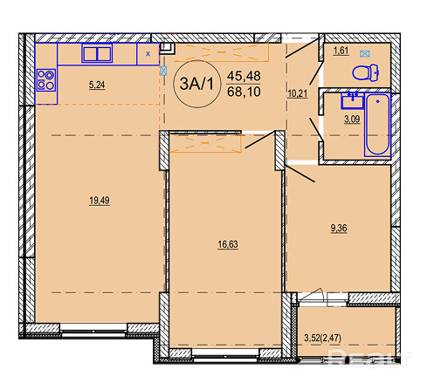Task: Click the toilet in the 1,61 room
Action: tap(366, 72)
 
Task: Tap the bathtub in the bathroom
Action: tap(377, 125)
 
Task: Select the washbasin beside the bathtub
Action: tap(353, 101)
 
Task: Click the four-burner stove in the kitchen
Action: tap(46, 80)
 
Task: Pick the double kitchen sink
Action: tap(97, 53)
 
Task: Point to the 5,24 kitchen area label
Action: tap(97, 86)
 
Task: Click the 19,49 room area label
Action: tap(100, 201)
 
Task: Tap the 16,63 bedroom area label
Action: tap(228, 244)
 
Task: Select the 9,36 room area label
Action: tap(339, 229)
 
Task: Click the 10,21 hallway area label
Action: tap(298, 93)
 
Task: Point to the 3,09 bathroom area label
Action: tap(352, 120)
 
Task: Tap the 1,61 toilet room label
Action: tap(341, 51)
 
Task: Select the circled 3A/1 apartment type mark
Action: tap(196, 84)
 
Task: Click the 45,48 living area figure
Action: tap(244, 76)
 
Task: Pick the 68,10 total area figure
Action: tap(244, 92)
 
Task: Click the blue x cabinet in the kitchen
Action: tap(148, 54)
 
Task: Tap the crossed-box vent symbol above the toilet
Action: tap(364, 53)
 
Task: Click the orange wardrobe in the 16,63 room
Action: tap(205, 143)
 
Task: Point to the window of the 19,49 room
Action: tap(93, 331)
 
